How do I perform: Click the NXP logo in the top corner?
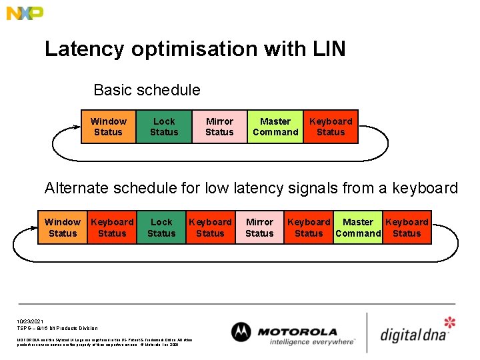pos(25,13)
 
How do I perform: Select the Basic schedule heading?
pos(147,90)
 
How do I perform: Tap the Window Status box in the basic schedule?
pos(108,127)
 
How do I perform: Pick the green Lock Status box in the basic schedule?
pos(164,127)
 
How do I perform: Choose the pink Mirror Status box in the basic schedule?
pos(219,127)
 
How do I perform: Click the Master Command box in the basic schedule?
pos(275,127)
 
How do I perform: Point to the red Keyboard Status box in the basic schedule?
pos(331,127)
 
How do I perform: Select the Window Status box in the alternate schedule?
pos(63,227)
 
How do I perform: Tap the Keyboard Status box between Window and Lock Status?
pos(112,227)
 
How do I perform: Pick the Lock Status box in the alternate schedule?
pos(161,227)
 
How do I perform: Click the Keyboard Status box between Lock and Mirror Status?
pos(210,227)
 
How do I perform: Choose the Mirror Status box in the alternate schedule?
pos(259,227)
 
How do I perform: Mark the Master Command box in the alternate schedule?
pos(358,227)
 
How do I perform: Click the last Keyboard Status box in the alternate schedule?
pos(407,227)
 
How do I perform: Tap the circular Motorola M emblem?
pos(241,332)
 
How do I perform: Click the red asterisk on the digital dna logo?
pos(450,323)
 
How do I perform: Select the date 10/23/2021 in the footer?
pos(29,321)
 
